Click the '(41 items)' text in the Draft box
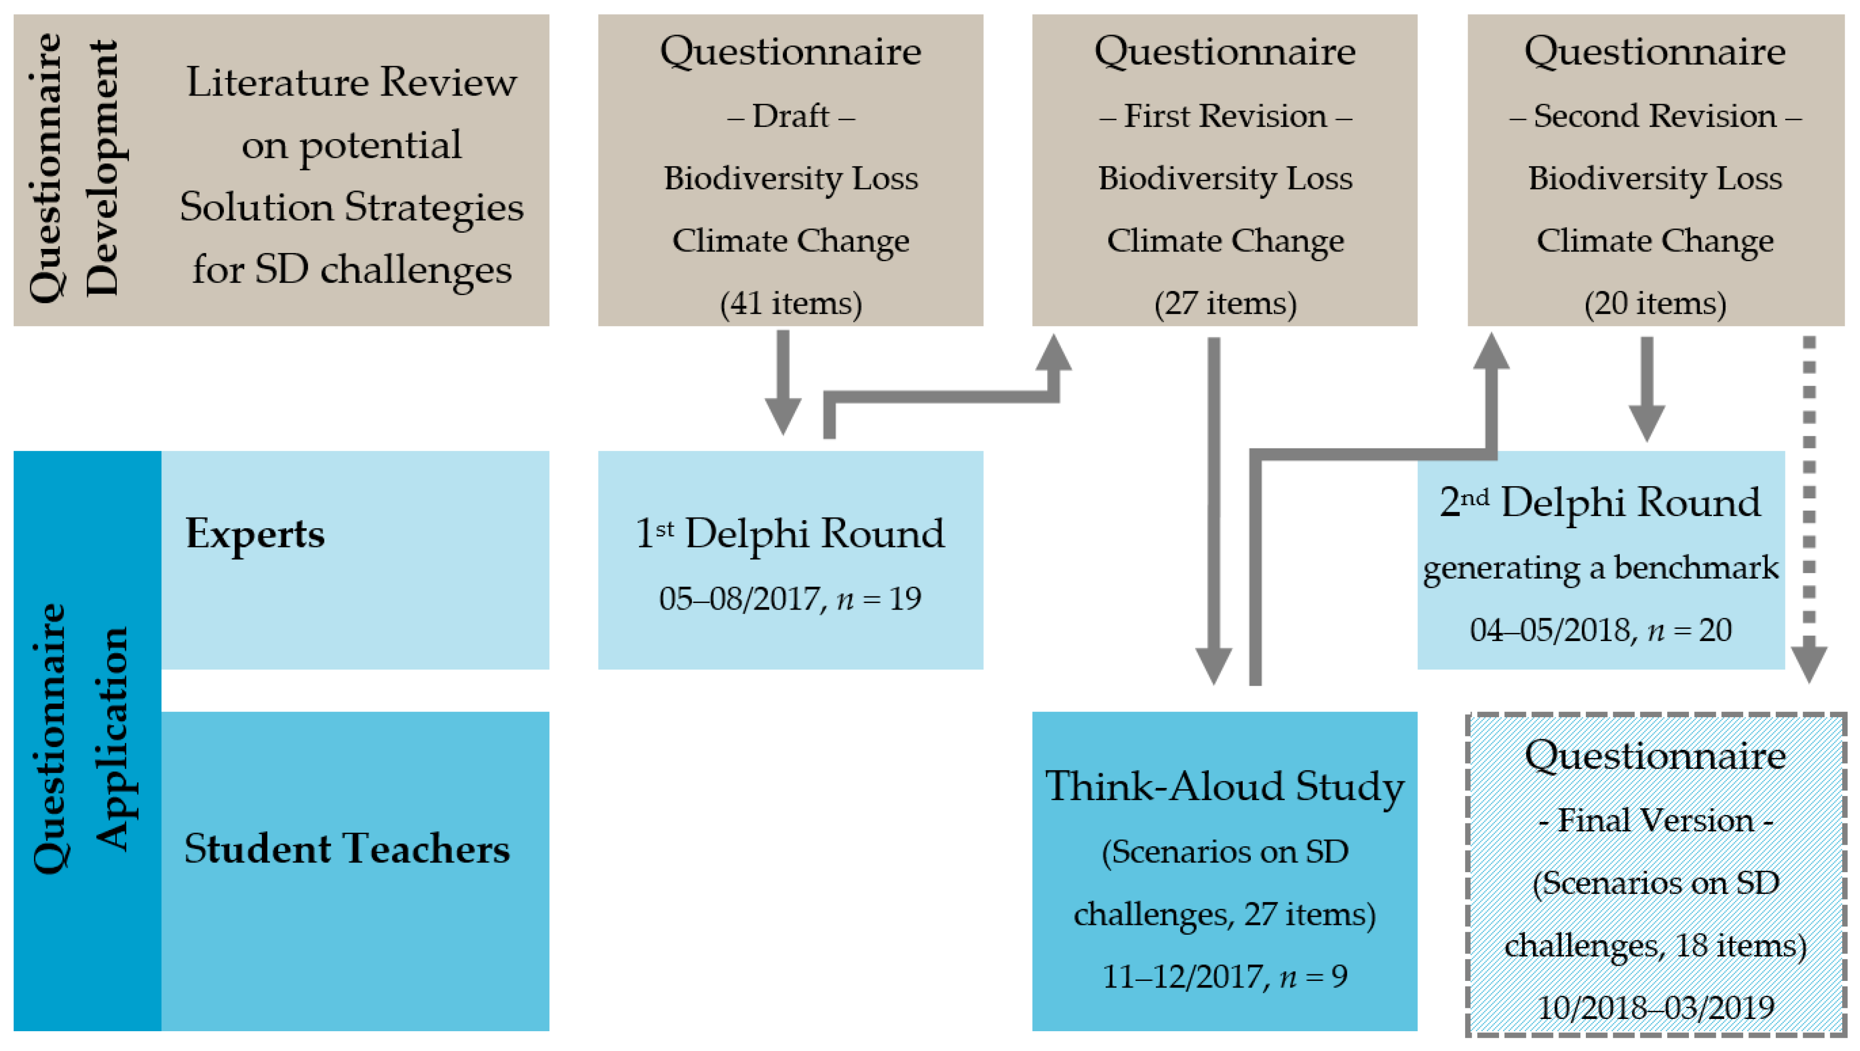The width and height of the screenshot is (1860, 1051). (x=790, y=303)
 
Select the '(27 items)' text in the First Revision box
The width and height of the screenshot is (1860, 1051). (x=1225, y=303)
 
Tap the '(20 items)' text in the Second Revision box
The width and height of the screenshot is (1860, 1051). (x=1655, y=303)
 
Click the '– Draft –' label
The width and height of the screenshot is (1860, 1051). (x=790, y=116)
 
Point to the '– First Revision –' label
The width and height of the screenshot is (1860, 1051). (x=1225, y=116)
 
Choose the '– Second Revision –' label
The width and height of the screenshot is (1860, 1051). (x=1655, y=116)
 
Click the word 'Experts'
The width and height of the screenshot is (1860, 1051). (x=255, y=534)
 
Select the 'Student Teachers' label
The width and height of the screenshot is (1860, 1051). (x=347, y=849)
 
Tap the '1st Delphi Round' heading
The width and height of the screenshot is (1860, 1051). (x=790, y=533)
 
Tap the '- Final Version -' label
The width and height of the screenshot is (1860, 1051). (x=1655, y=820)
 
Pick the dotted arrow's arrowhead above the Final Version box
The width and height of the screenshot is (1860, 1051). (x=1809, y=663)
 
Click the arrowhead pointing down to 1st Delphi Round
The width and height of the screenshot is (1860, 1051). (x=783, y=416)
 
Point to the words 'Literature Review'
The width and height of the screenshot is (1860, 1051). (x=352, y=82)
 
